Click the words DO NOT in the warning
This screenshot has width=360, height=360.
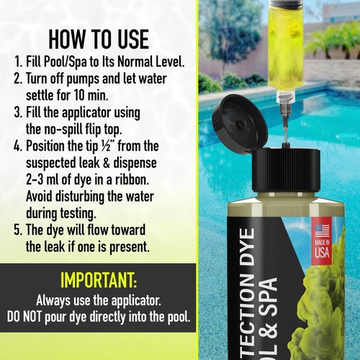[36, 317]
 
